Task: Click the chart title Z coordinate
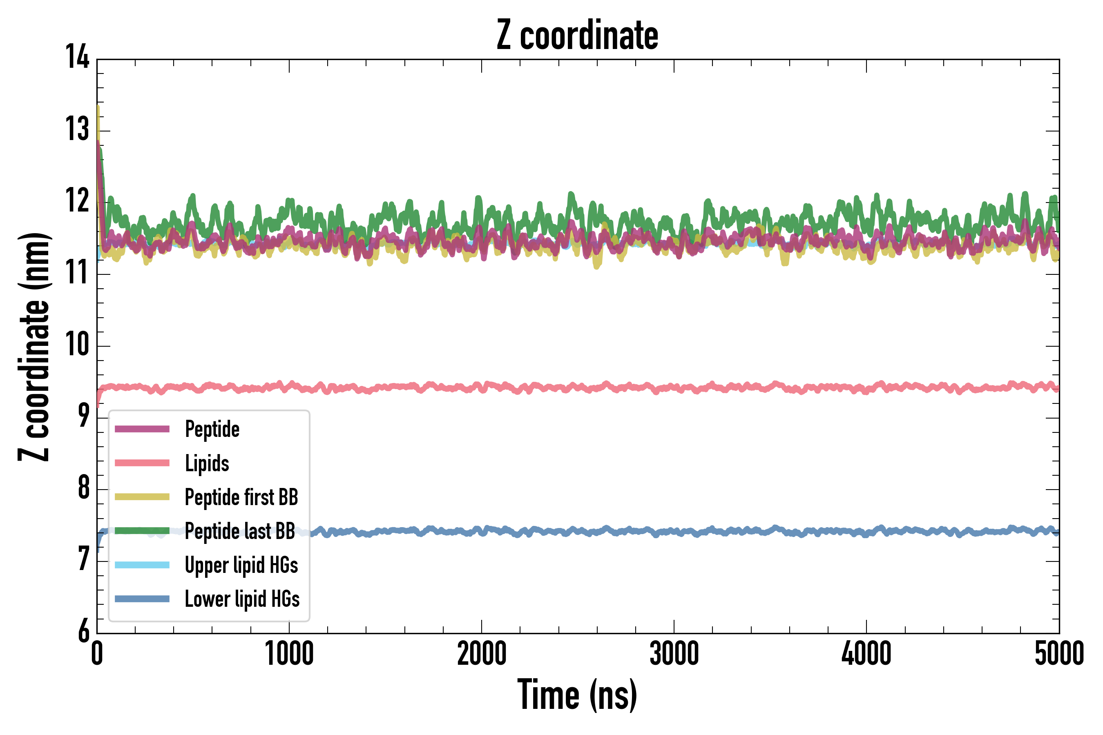pos(577,35)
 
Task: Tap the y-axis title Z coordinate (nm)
pos(34,346)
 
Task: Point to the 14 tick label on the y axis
pos(77,57)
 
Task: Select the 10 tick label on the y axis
pos(77,344)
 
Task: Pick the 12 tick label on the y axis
pos(77,200)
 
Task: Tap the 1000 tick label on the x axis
pos(289,653)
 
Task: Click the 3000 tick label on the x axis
pos(674,653)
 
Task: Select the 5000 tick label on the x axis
pos(1059,653)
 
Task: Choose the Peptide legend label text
pos(212,429)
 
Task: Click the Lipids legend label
pos(207,463)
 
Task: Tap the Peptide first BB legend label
pos(241,497)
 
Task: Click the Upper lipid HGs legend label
pos(241,565)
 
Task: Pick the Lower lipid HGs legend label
pos(242,599)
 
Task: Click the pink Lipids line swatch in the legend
pos(142,463)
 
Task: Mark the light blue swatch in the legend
pos(142,565)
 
